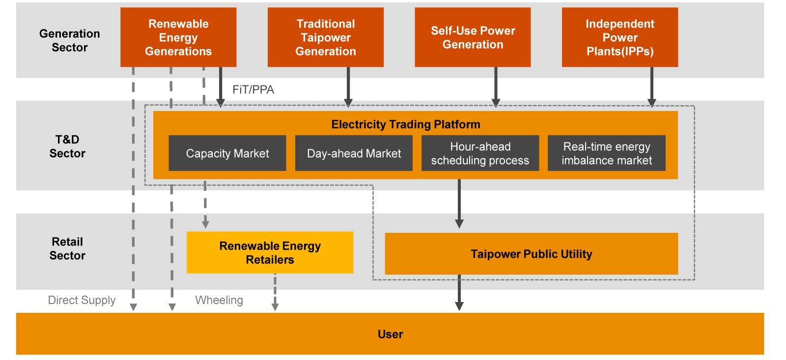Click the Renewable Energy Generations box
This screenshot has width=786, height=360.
(178, 37)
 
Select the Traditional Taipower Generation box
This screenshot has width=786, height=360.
(325, 37)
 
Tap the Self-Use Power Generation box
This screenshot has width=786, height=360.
(473, 37)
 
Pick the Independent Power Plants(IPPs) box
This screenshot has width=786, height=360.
(619, 37)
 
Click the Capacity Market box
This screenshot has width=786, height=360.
(227, 153)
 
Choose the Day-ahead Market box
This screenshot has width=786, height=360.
(354, 153)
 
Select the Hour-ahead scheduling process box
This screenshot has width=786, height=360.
(480, 153)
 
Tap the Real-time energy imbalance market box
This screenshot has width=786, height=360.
(606, 153)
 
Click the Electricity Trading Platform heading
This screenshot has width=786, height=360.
(405, 124)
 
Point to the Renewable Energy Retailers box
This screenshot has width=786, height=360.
(270, 252)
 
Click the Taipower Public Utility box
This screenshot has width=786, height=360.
(531, 254)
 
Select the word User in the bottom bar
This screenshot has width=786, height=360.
(390, 334)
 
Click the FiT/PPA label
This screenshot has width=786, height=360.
(253, 89)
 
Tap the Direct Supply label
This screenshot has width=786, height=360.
(82, 300)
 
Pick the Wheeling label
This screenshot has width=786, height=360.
(219, 300)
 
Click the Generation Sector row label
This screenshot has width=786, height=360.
(69, 40)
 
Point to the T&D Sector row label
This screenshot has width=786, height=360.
(67, 146)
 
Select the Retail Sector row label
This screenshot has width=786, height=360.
(67, 249)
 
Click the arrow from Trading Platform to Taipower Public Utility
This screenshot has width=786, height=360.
(459, 204)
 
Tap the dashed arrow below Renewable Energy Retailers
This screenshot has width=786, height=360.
(275, 293)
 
